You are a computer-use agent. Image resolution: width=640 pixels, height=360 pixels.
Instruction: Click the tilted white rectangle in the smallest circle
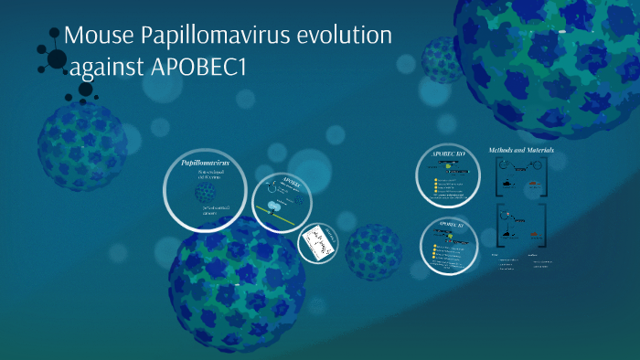coord(317,240)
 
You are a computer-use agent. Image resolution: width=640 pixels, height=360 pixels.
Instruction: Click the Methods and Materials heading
coord(521,149)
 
